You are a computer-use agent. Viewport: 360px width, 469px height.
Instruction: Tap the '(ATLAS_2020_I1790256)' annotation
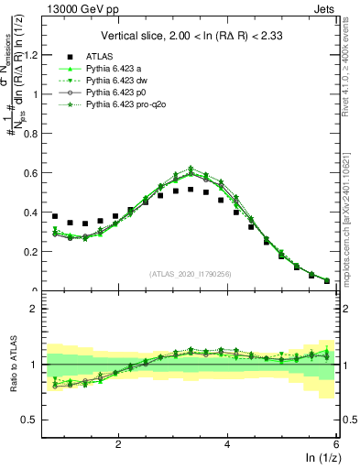(191, 274)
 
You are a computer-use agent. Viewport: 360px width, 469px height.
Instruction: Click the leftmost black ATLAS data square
(55, 216)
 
